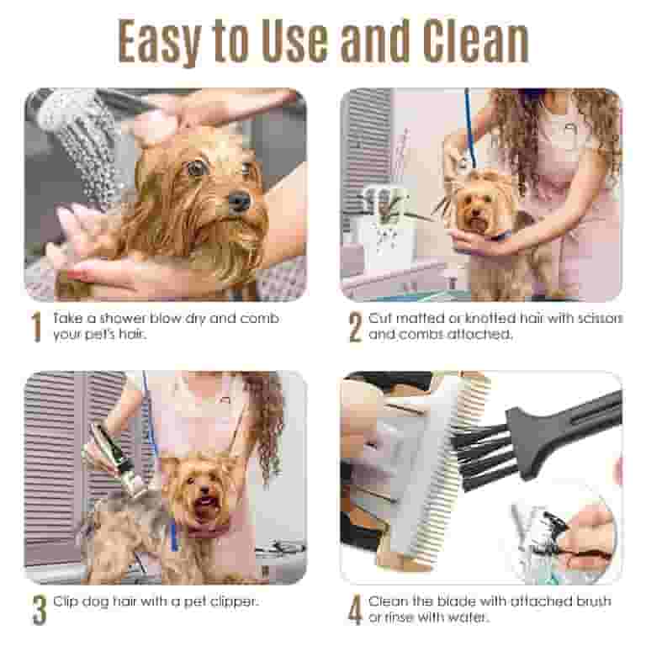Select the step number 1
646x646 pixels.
[35, 328]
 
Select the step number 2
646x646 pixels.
[354, 328]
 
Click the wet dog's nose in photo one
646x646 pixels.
[238, 201]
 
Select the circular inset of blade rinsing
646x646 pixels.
[562, 530]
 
